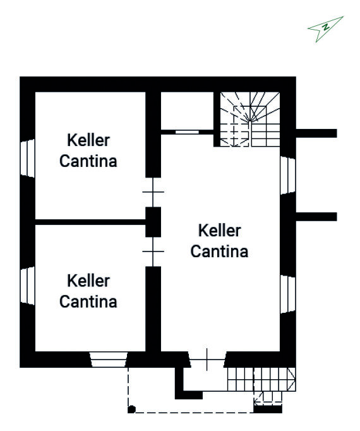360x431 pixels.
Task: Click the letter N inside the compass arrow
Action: point(326,27)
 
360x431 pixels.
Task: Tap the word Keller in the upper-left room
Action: point(88,140)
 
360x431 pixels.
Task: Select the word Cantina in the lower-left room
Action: point(88,301)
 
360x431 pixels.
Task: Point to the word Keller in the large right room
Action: point(220,230)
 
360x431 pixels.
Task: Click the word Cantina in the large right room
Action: point(219,252)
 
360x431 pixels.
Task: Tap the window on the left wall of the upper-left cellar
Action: point(28,158)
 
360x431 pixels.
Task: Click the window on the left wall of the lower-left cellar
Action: point(28,286)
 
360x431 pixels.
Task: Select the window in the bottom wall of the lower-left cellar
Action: point(109,360)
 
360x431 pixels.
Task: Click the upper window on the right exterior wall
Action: point(288,175)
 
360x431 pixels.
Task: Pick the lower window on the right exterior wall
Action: point(288,294)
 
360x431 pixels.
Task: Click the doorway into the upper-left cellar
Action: point(153,192)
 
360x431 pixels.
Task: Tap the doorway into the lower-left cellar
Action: point(153,252)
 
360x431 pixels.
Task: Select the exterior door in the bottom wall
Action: point(207,360)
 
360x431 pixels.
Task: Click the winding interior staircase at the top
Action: point(250,119)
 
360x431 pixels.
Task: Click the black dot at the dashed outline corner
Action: point(132,410)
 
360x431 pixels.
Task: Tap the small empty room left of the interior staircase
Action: point(187,111)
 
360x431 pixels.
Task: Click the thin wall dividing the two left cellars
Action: point(90,222)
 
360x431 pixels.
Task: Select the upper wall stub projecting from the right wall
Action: point(316,133)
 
